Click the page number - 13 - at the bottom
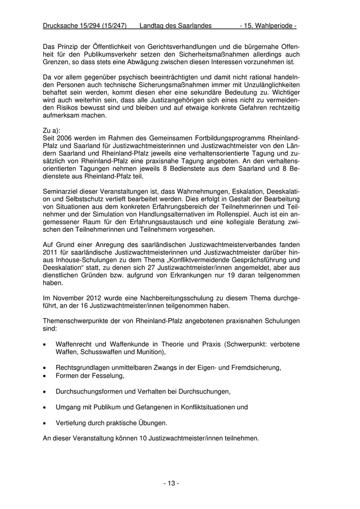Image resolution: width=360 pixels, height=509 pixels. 171,483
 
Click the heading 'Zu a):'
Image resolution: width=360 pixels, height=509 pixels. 52,131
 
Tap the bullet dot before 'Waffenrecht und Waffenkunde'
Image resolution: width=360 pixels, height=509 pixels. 46,343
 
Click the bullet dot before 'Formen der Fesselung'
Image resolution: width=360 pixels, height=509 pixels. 46,376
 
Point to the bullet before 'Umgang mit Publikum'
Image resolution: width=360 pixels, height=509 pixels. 46,407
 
